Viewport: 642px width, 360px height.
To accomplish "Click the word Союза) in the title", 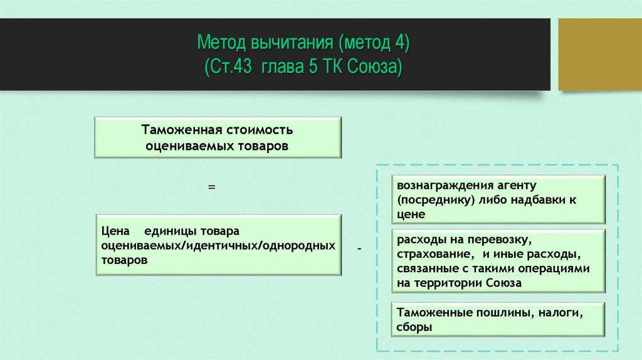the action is [x=376, y=68].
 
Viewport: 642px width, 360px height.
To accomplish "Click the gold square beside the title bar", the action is [x=599, y=54].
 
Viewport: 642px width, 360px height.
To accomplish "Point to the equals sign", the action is [x=212, y=187].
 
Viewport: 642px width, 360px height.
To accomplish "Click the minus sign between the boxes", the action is [x=359, y=250].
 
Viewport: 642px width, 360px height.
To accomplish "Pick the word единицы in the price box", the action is [x=168, y=231].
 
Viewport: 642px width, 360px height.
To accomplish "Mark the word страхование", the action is [x=433, y=255].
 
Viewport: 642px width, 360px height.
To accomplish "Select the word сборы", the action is [x=415, y=327].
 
